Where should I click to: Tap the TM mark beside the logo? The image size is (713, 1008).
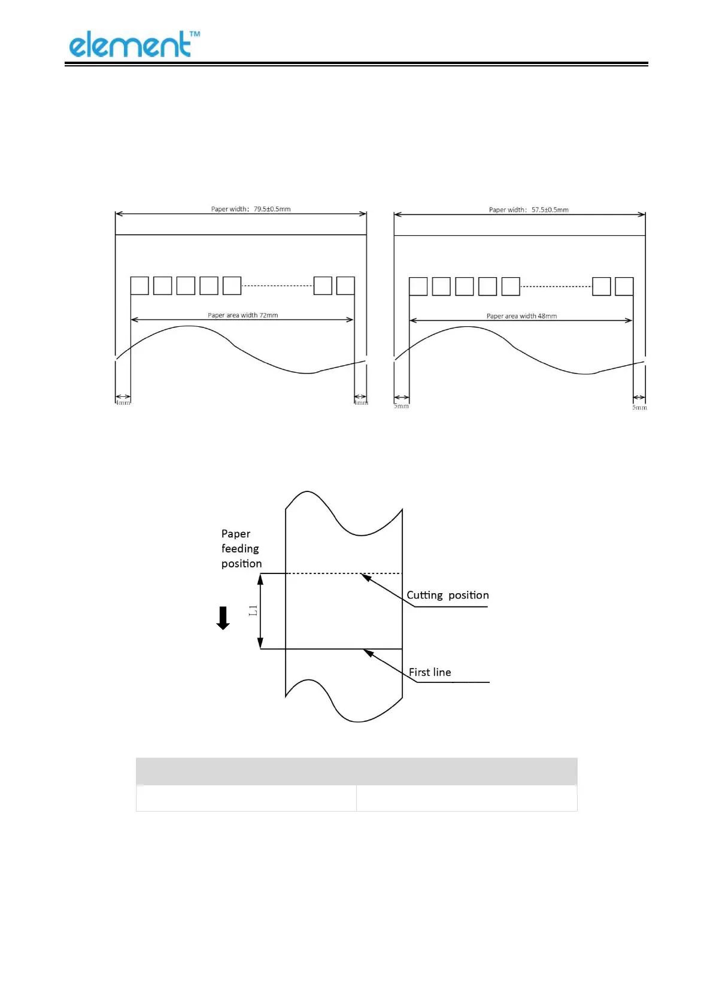click(195, 35)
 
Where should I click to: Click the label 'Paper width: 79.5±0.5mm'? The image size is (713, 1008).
click(250, 209)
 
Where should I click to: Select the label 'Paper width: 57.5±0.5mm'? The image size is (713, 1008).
click(529, 210)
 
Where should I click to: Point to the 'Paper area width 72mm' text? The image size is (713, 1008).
click(242, 315)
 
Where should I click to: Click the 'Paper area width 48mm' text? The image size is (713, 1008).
click(521, 316)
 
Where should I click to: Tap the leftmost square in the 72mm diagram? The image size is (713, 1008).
click(139, 286)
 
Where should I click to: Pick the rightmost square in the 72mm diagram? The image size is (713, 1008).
click(345, 286)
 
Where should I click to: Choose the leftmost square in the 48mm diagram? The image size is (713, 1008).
click(418, 286)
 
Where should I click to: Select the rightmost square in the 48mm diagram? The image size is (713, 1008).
click(624, 286)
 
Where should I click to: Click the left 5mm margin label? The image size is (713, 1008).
click(401, 406)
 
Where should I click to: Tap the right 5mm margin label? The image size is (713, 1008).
click(639, 408)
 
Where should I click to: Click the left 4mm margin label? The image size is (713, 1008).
click(123, 403)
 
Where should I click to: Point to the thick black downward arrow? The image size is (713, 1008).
click(223, 618)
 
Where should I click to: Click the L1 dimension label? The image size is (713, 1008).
click(253, 611)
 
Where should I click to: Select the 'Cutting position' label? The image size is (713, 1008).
click(448, 595)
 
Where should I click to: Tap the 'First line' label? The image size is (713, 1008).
click(430, 672)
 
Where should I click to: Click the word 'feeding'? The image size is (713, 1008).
click(240, 548)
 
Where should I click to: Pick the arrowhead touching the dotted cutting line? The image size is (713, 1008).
click(366, 577)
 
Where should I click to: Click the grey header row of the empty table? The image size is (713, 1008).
click(356, 771)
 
